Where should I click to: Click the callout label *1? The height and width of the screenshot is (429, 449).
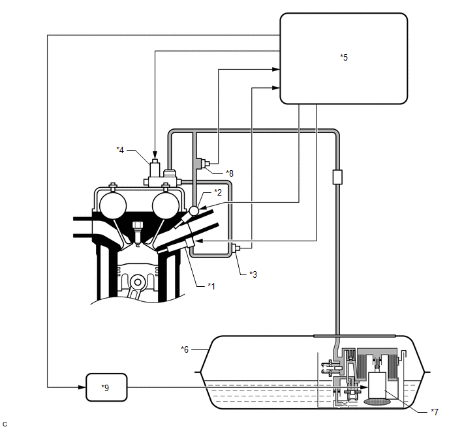point(211,286)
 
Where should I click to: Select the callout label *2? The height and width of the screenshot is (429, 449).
point(218,192)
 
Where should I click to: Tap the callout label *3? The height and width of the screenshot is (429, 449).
point(253,274)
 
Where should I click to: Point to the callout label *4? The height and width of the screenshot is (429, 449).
point(120,149)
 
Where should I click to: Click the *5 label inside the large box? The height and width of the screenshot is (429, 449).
point(344,57)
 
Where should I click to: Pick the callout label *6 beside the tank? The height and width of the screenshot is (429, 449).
point(185,349)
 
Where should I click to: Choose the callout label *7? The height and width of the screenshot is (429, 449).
point(435,411)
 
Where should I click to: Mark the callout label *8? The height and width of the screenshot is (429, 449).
point(230,173)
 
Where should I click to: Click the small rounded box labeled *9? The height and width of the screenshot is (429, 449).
point(106,387)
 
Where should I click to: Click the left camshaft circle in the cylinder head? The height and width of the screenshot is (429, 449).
point(113,205)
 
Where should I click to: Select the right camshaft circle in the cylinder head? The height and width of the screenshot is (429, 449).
point(166,205)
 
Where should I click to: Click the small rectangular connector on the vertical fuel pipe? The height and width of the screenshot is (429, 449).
point(337,177)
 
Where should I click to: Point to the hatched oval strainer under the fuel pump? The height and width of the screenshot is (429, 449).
point(377,402)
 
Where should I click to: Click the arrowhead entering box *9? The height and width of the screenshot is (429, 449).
point(82,387)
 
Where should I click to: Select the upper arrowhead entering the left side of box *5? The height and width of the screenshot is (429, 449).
point(276,69)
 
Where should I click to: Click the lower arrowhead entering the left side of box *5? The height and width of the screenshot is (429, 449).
point(276,88)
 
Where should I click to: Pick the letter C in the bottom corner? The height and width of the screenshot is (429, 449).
point(5,424)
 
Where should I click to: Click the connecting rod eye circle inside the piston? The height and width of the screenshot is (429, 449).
point(138,282)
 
